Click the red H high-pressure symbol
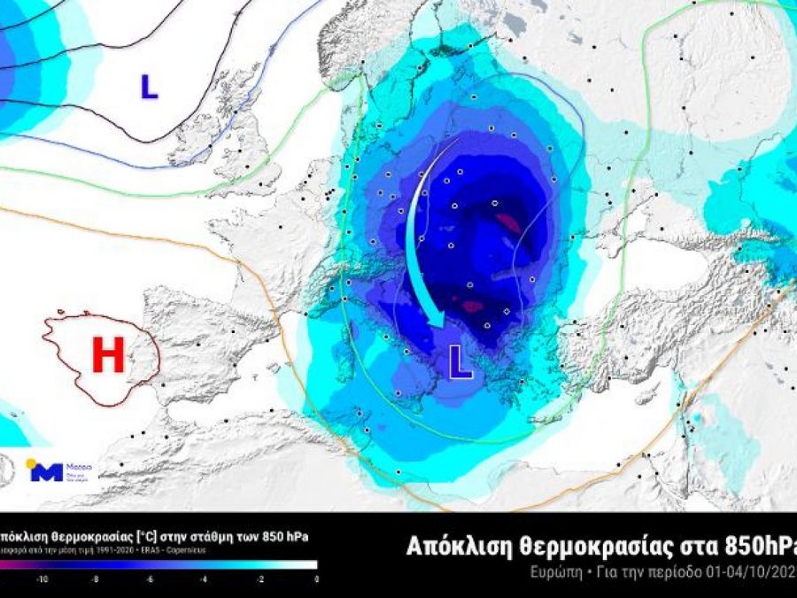pos(108,356)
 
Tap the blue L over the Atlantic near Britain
pos(149,86)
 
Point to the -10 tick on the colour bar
pos(41,578)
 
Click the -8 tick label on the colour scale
pos(96,578)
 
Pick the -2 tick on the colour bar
pos(261,578)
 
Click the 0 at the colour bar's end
pos(315,578)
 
